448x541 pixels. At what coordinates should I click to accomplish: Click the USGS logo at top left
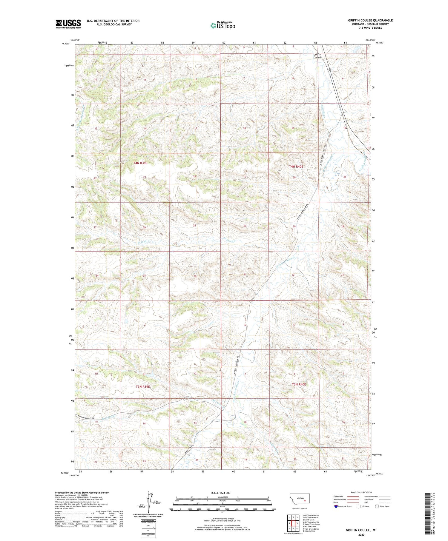[68, 24]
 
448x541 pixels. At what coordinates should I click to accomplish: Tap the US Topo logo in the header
[223, 26]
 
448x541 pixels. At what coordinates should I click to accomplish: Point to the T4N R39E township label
[140, 163]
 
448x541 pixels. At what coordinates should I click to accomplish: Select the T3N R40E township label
[299, 384]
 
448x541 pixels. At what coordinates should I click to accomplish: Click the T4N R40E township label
[296, 167]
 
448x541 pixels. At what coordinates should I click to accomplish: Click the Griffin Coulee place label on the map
[317, 56]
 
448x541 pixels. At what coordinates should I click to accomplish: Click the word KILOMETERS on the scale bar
[223, 497]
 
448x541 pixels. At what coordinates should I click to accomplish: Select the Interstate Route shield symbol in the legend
[336, 506]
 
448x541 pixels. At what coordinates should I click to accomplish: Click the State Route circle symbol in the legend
[377, 506]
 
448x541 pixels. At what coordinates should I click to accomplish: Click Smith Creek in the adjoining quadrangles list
[309, 520]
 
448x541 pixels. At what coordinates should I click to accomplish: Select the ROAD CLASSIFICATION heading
[361, 492]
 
